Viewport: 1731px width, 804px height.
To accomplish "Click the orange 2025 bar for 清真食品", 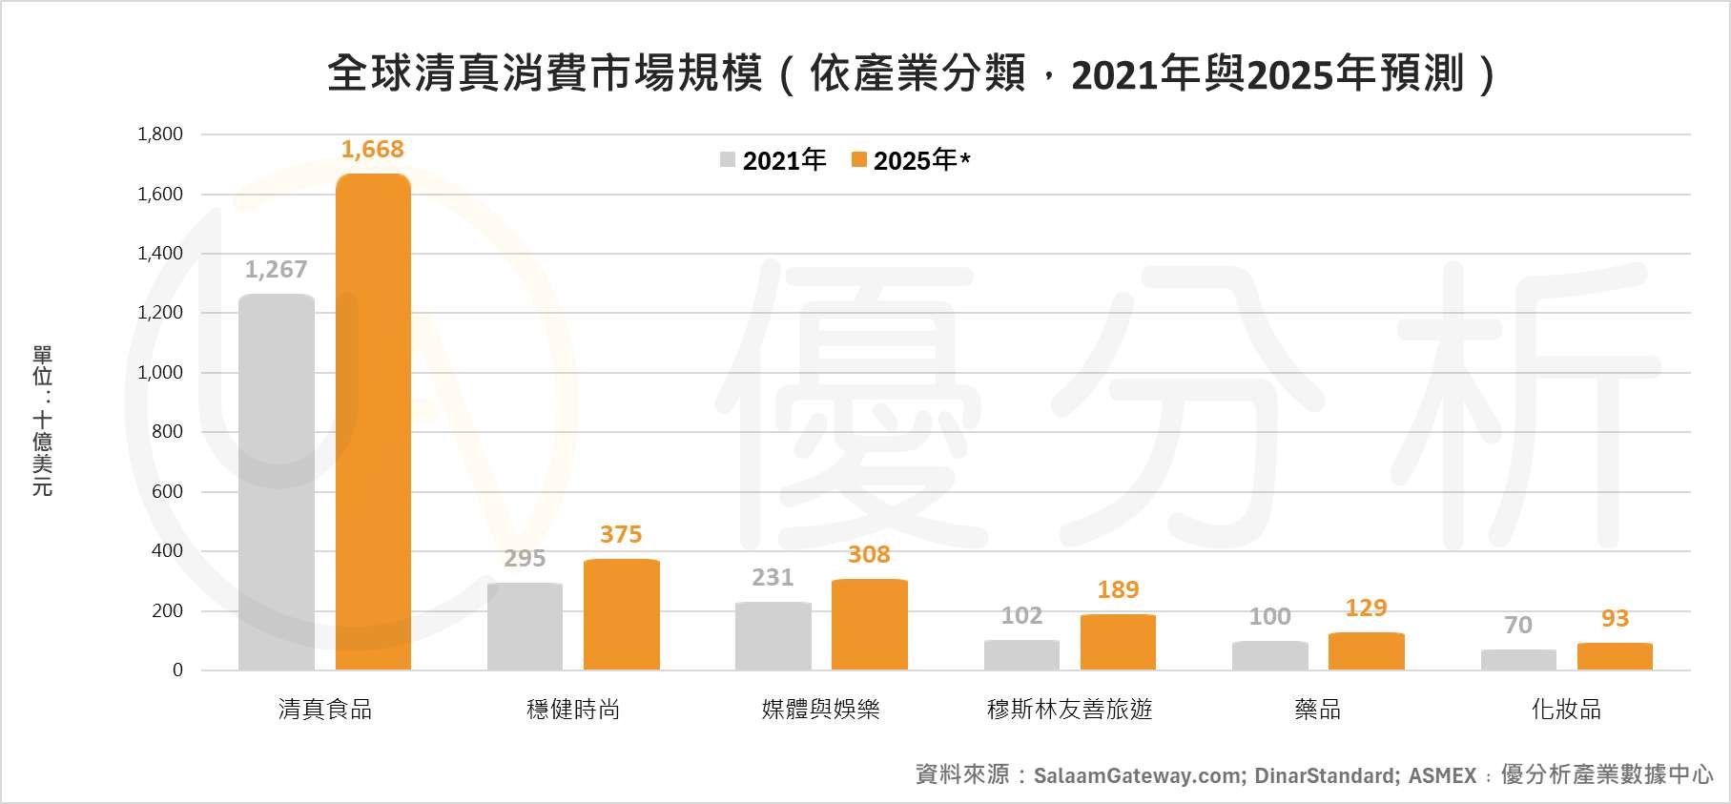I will coord(373,422).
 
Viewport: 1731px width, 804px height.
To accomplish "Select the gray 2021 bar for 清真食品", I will coord(277,482).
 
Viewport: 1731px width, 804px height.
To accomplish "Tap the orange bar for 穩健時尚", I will coord(621,614).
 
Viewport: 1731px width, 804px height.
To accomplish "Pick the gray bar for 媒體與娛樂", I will coord(773,636).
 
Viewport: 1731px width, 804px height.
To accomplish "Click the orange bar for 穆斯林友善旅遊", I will coord(1118,642).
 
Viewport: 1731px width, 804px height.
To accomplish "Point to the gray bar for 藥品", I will coord(1269,655).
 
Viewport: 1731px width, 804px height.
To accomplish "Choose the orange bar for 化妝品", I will coord(1615,656).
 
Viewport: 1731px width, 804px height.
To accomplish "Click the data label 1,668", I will coord(372,149).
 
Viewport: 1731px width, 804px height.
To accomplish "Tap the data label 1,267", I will coord(276,269).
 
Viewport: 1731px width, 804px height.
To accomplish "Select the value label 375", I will coord(621,534).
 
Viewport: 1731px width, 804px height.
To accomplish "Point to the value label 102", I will coord(1021,615).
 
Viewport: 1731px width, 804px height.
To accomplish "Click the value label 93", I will coord(1615,618).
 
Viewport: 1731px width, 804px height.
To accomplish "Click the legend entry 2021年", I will coord(773,160).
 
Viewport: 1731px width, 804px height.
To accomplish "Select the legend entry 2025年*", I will coord(911,160).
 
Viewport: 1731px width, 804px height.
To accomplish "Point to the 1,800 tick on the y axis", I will coord(160,134).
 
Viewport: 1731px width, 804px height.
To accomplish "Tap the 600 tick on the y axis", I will coord(167,491).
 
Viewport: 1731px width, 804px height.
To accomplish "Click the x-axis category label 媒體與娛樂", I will coord(820,709).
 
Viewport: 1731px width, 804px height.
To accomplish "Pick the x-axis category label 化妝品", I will coord(1566,709).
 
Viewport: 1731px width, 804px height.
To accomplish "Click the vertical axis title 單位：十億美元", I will coord(42,421).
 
